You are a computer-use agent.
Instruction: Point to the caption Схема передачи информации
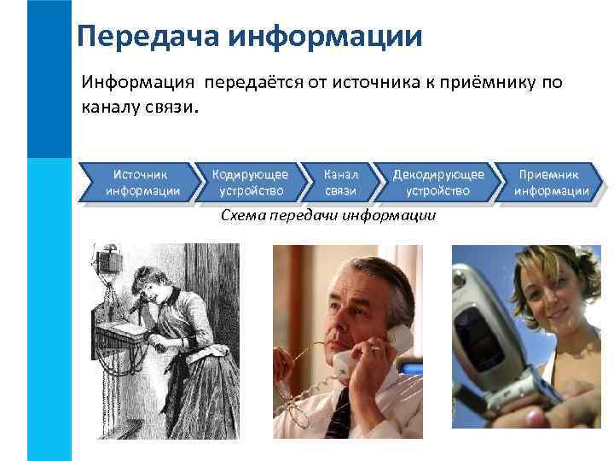coord(328,215)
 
